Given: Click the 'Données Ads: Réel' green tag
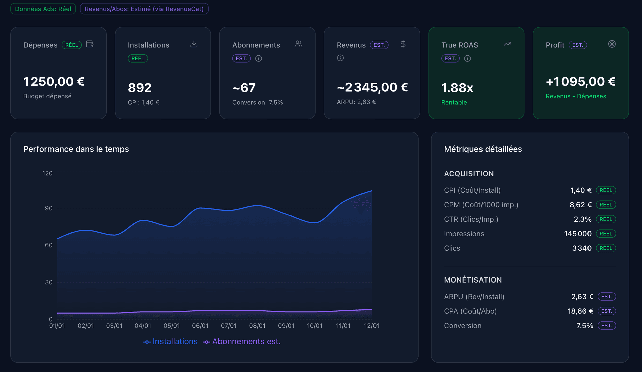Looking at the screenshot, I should tap(43, 9).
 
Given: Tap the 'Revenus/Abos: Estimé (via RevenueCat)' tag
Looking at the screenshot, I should tap(144, 9).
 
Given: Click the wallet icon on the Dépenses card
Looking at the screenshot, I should tap(90, 44).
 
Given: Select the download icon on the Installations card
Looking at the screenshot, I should tap(194, 44).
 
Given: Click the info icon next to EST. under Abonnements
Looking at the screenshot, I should tap(258, 58).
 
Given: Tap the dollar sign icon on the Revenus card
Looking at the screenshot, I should tap(403, 44).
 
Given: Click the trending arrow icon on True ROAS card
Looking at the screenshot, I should tap(507, 44).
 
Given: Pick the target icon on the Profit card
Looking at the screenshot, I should tap(612, 44).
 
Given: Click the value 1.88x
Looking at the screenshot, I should tap(457, 88).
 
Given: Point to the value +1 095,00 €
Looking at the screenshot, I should tap(580, 81).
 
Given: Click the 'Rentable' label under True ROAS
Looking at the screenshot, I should tap(454, 102).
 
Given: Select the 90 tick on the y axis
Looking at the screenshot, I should tap(49, 208).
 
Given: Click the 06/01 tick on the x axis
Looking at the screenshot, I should tap(200, 326).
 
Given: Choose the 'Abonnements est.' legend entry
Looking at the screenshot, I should tap(242, 341).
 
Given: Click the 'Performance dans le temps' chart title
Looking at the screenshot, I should tap(76, 149).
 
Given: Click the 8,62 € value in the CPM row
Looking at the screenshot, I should tap(580, 205).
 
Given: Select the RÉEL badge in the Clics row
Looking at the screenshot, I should tap(606, 248).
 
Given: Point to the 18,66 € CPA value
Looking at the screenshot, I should tap(580, 311).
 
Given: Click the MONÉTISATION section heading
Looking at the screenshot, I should tap(472, 280).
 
